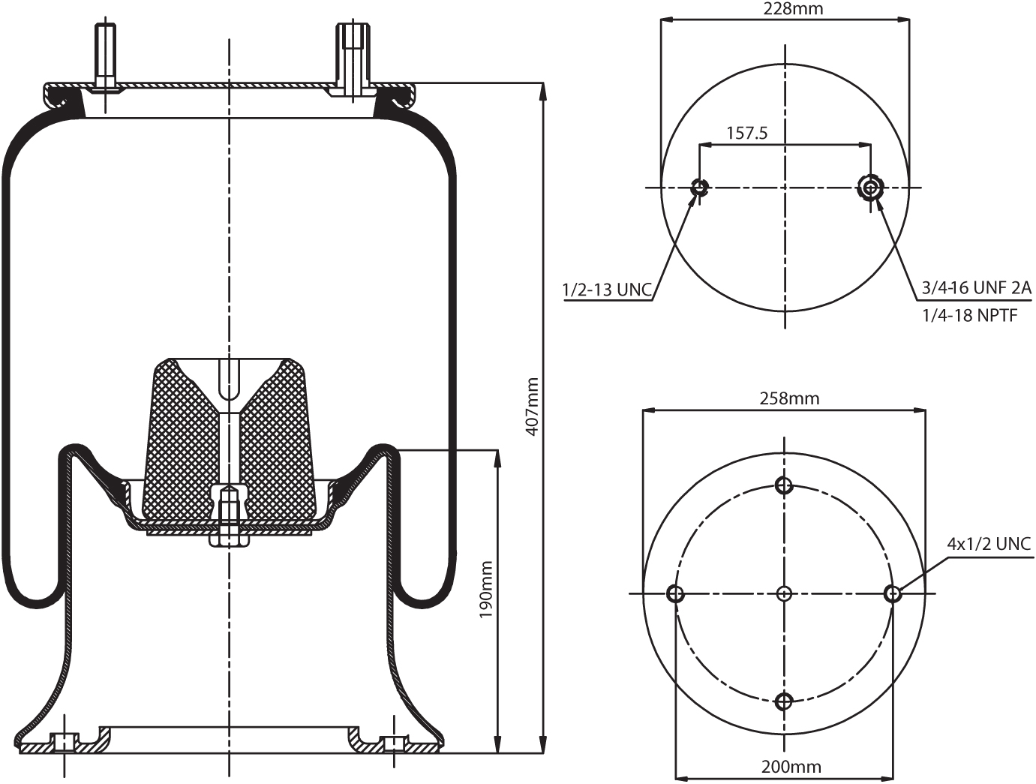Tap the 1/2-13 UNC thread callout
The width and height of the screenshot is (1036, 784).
point(607,290)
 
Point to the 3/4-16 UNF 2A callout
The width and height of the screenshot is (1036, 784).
point(976,287)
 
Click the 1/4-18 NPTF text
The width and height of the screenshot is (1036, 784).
point(969,316)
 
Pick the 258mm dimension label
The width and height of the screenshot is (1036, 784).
point(785,398)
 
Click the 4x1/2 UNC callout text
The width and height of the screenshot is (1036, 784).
point(989,543)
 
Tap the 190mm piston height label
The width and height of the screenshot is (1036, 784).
point(486,590)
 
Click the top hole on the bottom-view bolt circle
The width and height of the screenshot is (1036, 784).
point(784,485)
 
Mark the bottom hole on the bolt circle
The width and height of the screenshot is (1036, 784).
point(784,702)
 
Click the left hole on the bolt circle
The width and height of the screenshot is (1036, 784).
point(675,594)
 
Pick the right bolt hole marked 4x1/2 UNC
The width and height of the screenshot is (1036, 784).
point(892,594)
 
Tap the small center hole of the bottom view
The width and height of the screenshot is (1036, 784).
point(784,594)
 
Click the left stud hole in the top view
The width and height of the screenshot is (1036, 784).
point(700,188)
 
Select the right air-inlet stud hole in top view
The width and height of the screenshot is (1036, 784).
point(870,188)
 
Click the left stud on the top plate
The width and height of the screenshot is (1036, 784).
point(105,56)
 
